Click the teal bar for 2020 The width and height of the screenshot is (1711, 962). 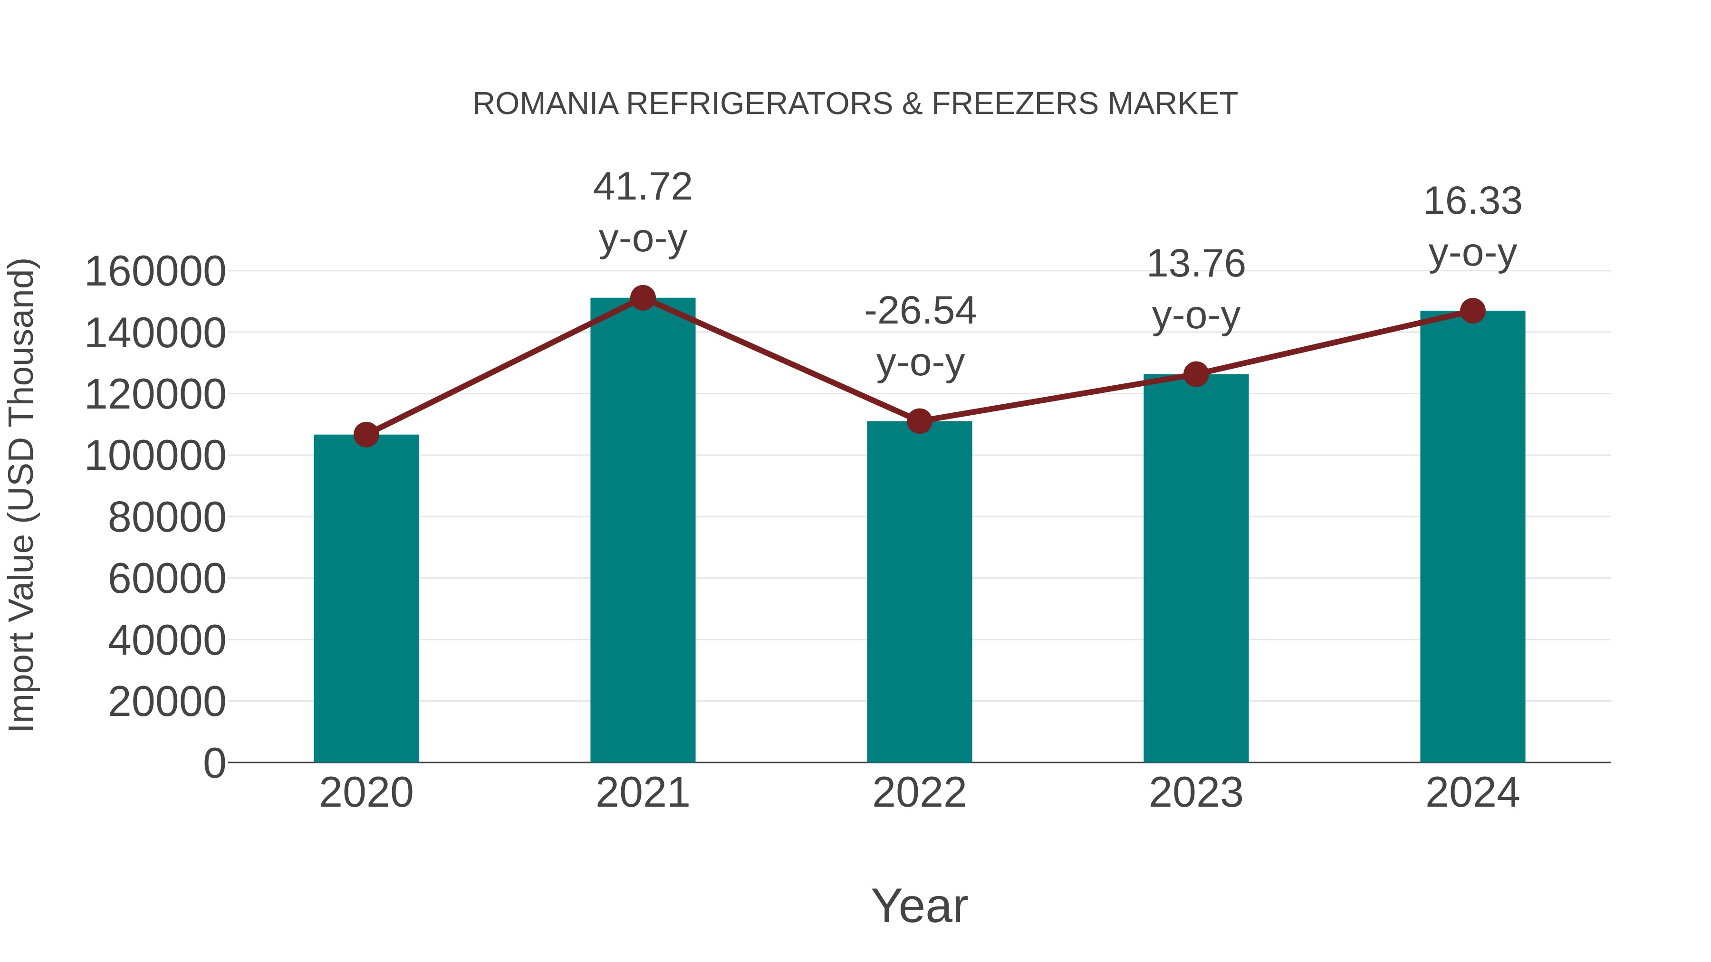[x=366, y=598]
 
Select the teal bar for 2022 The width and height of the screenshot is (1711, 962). [x=919, y=591]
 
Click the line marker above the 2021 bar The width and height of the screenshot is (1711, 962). [x=642, y=298]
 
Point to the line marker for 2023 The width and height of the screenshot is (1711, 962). [x=1196, y=374]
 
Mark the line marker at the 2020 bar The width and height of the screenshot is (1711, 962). [x=366, y=435]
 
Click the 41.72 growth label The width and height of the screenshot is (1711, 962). [x=642, y=187]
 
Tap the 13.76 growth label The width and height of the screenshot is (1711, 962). [x=1196, y=264]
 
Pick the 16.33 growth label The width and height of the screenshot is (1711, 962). [x=1472, y=202]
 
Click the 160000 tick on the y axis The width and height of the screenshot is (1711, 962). [x=155, y=272]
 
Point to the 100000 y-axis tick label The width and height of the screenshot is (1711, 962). [x=155, y=456]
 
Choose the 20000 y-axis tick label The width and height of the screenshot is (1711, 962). [x=167, y=702]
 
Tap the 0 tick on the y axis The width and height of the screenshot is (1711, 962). [x=214, y=763]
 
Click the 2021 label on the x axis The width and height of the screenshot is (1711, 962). [x=642, y=793]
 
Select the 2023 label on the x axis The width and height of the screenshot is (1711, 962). [x=1196, y=793]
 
